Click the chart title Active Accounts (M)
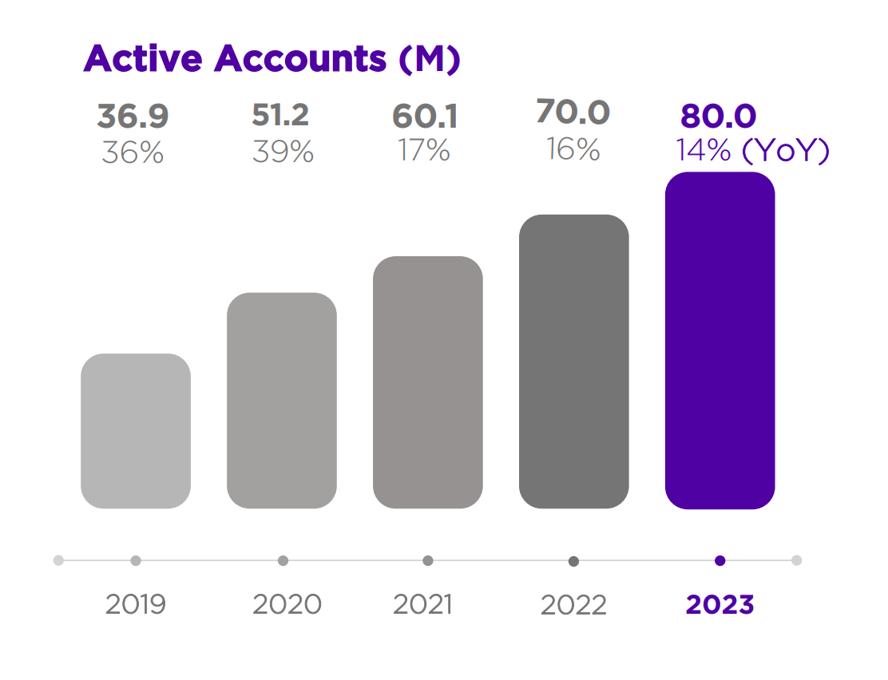point(272,59)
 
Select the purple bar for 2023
point(720,341)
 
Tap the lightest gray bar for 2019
point(136,431)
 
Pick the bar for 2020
point(282,401)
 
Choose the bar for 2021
point(428,382)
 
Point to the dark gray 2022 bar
point(573,362)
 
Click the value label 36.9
point(133,117)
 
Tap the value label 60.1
point(425,117)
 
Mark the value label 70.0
point(573,113)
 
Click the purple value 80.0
point(718,117)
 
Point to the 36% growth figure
point(133,152)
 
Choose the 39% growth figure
point(283,152)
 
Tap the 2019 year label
point(136,604)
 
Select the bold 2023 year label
point(720,604)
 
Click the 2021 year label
point(422,604)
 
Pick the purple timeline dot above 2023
point(720,560)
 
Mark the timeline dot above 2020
point(283,560)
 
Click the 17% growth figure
point(424,150)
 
